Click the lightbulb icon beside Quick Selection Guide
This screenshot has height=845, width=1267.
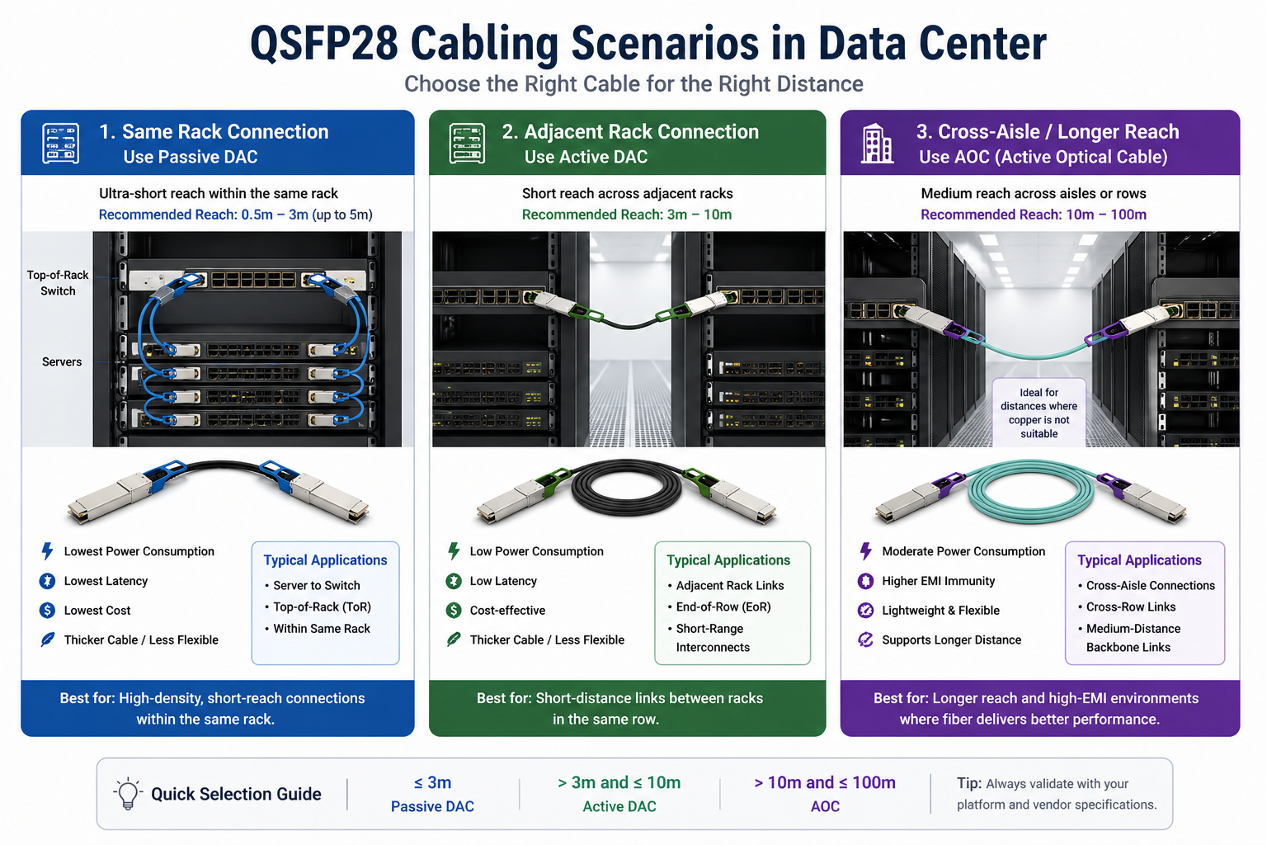coord(128,794)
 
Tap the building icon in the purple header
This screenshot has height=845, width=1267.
coord(877,144)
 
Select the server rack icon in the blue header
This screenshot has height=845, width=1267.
coord(60,144)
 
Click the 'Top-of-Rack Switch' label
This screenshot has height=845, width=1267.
coord(58,283)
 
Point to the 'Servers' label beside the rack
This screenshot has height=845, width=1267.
coord(62,362)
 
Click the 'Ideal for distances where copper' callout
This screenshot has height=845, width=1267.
coord(1039,413)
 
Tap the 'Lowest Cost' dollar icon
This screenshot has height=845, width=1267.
coord(47,611)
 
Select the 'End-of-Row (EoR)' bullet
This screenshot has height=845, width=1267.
coord(723,607)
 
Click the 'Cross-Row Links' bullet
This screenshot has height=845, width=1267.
coord(1131,607)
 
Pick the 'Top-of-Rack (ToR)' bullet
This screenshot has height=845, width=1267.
coord(322,607)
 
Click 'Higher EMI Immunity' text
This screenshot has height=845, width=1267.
coord(938,581)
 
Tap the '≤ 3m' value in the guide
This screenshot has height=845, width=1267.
coord(432,782)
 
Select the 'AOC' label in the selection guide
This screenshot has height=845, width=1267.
coord(825,806)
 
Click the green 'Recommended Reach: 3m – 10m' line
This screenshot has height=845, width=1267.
coord(627,215)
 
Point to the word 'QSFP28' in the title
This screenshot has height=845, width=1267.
coord(323,44)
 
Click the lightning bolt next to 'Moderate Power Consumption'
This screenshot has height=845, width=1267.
coord(865,551)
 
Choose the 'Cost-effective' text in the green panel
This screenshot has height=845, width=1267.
coord(507,611)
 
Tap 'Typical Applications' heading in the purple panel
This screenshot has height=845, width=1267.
coord(1139,560)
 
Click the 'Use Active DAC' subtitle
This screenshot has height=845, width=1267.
coord(586,157)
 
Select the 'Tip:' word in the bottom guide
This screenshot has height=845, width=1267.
coord(968,783)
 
